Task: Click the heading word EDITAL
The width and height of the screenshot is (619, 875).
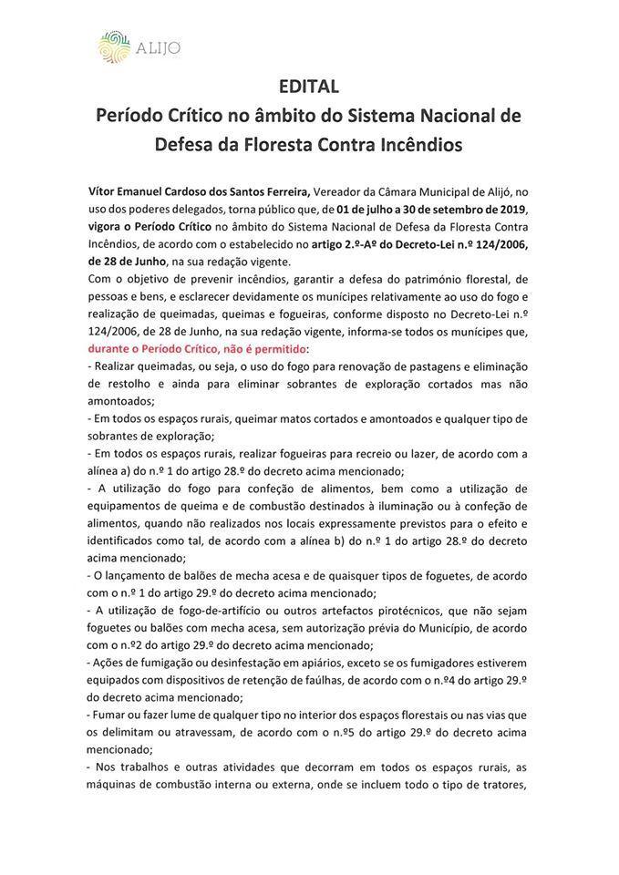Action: pyautogui.click(x=309, y=87)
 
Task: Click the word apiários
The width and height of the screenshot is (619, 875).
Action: pyautogui.click(x=342, y=663)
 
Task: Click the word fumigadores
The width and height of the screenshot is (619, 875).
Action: pyautogui.click(x=451, y=663)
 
